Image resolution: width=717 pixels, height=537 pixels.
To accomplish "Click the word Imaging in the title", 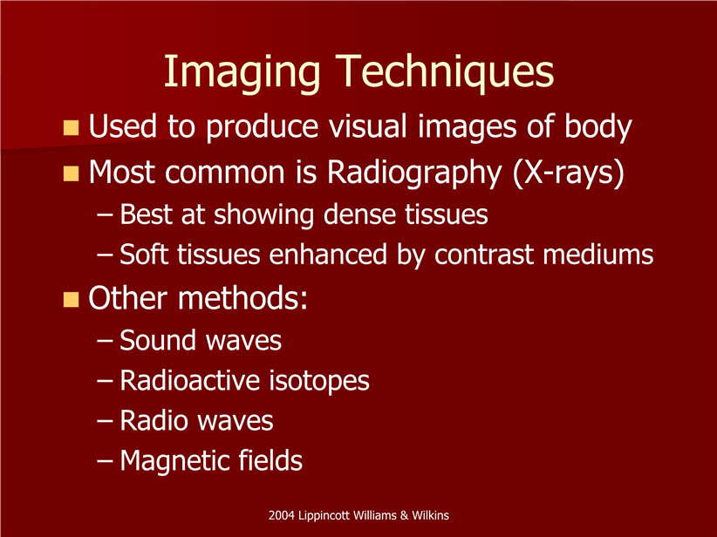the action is click(242, 73).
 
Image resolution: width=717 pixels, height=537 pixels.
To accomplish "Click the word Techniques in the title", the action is click(444, 71).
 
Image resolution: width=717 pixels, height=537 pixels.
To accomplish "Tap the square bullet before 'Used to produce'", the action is click(71, 128).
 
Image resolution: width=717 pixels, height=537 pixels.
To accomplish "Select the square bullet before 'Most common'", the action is click(71, 173).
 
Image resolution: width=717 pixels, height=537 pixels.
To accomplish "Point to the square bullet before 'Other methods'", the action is click(71, 299).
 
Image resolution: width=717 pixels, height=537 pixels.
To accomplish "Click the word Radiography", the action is click(414, 173).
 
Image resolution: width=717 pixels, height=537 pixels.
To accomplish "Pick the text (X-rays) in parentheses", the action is click(569, 173).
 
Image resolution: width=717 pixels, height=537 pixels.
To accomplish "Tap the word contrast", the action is click(483, 255).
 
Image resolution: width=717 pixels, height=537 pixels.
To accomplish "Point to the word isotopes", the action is click(319, 381).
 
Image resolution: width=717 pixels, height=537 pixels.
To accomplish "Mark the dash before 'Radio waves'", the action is click(105, 421).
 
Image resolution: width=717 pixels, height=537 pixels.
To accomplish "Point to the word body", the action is click(598, 128).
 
